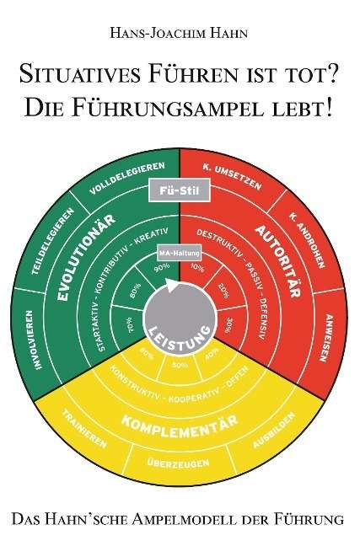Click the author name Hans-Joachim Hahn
click(x=179, y=33)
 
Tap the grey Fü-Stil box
click(x=180, y=190)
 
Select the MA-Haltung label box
click(x=179, y=253)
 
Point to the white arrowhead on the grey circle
click(x=172, y=285)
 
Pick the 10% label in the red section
click(x=198, y=268)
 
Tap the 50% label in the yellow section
click(x=180, y=365)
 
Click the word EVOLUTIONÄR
click(x=86, y=257)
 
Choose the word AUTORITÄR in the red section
click(x=277, y=261)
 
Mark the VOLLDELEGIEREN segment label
click(x=127, y=178)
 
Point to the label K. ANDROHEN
click(x=307, y=240)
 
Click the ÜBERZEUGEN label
click(x=178, y=463)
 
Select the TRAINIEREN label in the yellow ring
click(x=84, y=428)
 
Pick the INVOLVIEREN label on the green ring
click(x=34, y=340)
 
